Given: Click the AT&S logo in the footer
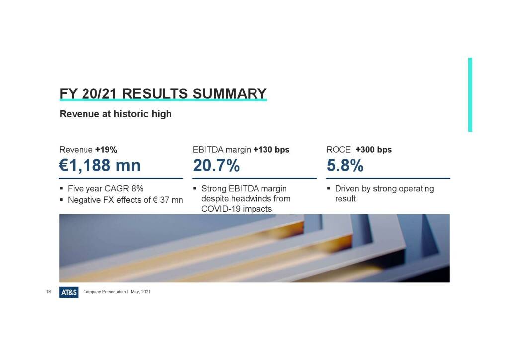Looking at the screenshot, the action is [x=69, y=292].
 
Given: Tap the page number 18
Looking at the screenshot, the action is [x=48, y=292].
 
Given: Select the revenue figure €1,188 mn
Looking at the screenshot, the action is [x=99, y=165].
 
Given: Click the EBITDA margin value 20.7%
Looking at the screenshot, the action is [x=216, y=165].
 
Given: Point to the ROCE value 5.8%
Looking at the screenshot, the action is [x=345, y=165].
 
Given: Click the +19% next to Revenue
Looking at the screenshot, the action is [x=106, y=150].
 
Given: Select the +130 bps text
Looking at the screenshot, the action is [x=271, y=150].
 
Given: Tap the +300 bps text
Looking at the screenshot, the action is [x=374, y=150].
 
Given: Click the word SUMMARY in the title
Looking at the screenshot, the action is [x=230, y=94].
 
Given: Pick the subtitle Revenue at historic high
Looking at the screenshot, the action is [x=115, y=114].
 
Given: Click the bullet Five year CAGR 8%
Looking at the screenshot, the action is [x=105, y=188].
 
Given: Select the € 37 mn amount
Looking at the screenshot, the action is [x=168, y=200].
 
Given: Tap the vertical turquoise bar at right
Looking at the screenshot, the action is [x=470, y=95].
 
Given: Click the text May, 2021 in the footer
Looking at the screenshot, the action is [x=141, y=292].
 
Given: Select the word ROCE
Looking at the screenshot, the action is [x=339, y=150].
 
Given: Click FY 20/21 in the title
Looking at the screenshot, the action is [x=88, y=94].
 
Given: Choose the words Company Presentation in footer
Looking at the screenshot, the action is [x=104, y=292].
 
